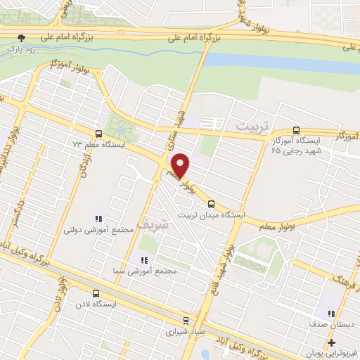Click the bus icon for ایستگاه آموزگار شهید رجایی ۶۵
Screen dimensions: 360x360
[296, 131]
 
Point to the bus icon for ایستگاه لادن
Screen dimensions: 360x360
[96, 294]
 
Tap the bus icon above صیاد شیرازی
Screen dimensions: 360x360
[186, 318]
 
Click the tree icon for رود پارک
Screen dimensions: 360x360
[22, 38]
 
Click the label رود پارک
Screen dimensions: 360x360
[22, 49]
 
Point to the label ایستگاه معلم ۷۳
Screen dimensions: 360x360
[98, 145]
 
